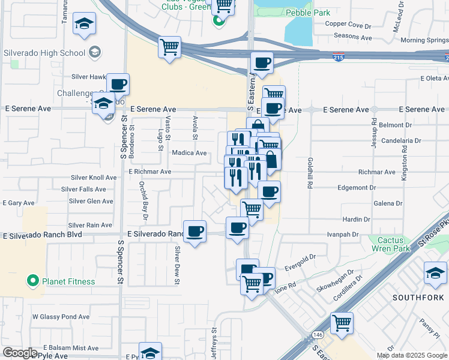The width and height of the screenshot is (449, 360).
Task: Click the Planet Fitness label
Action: (x=68, y=281)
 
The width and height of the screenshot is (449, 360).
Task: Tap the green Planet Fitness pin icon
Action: (x=32, y=281)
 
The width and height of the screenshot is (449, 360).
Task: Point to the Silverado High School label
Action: (x=44, y=53)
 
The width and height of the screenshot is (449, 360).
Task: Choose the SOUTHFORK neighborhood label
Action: (x=417, y=298)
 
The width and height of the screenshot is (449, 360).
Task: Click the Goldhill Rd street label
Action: (x=310, y=174)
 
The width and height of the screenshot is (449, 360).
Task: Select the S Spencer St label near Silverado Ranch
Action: (x=121, y=263)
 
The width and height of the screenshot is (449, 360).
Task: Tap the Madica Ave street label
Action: (x=190, y=153)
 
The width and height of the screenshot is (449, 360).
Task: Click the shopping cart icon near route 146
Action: (x=342, y=322)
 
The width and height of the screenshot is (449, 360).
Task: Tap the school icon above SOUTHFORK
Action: (x=435, y=273)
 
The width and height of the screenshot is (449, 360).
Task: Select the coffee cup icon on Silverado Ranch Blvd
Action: (x=194, y=232)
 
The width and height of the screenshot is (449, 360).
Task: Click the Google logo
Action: (x=20, y=353)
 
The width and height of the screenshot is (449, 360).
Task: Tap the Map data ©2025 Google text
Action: (x=411, y=355)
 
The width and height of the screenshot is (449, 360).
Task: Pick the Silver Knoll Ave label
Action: (x=94, y=178)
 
